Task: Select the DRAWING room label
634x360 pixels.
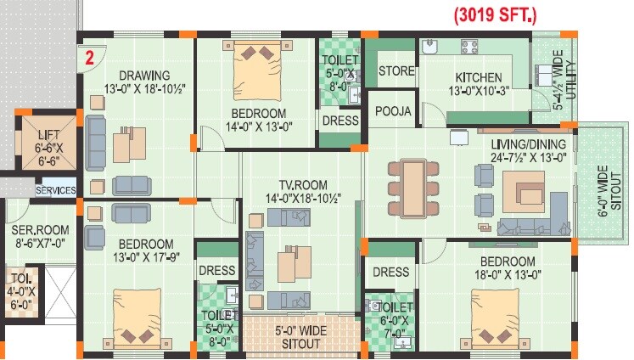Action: click(144, 75)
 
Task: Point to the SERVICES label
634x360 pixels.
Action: click(55, 191)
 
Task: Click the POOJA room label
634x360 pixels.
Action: click(394, 112)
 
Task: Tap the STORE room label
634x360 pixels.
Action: click(396, 70)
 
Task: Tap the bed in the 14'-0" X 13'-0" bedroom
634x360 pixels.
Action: click(257, 67)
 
